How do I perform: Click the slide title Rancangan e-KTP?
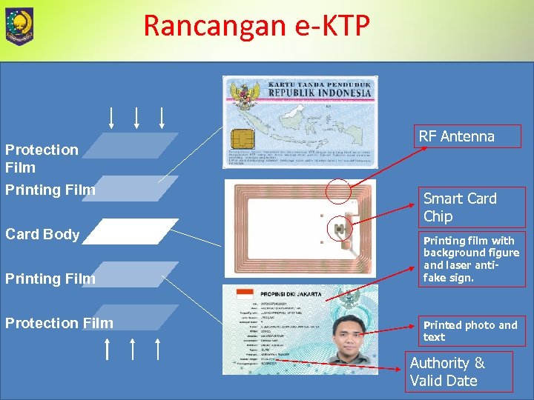coord(256,25)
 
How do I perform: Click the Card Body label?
coord(42,234)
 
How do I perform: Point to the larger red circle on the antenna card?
coord(338,191)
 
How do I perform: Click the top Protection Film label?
coord(42,159)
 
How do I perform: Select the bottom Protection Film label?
coord(59,323)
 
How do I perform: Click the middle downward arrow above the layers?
coord(136,117)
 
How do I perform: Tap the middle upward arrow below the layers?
coord(132,349)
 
